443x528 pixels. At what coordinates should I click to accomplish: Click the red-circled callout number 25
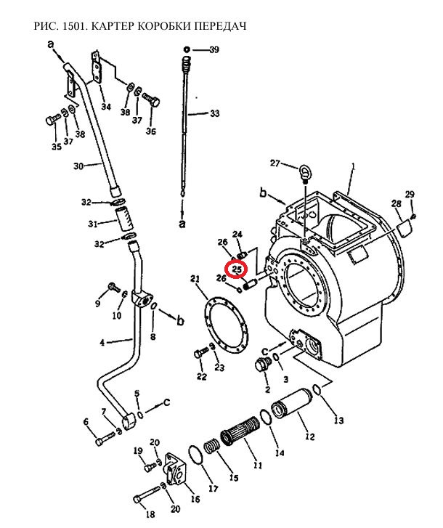237,269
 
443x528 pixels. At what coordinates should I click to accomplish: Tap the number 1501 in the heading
74,26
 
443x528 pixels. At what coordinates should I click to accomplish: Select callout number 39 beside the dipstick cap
214,50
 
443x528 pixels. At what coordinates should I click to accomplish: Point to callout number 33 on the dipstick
214,113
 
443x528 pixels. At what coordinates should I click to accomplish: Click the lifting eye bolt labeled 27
304,171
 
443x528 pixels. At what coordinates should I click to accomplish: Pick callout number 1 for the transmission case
353,166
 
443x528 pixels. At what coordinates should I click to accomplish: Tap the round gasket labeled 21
226,325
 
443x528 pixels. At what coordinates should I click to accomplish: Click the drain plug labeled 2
264,365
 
